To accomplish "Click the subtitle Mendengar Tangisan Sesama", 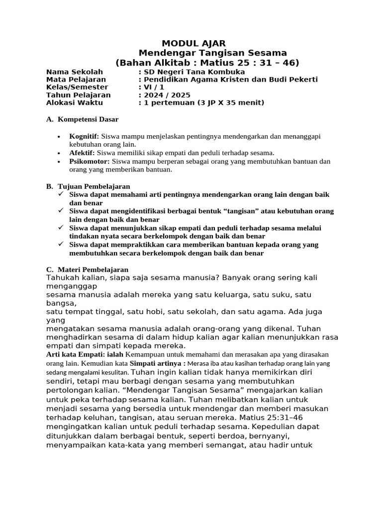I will click(x=212, y=53).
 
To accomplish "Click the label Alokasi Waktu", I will click(x=74, y=103).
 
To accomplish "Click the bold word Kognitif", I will click(x=84, y=136).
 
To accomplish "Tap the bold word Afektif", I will click(x=82, y=153).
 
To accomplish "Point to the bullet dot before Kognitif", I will click(x=59, y=137).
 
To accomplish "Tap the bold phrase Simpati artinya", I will click(x=154, y=363).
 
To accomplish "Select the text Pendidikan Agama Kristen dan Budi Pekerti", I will click(x=230, y=80).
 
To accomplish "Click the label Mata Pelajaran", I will click(x=76, y=80).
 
